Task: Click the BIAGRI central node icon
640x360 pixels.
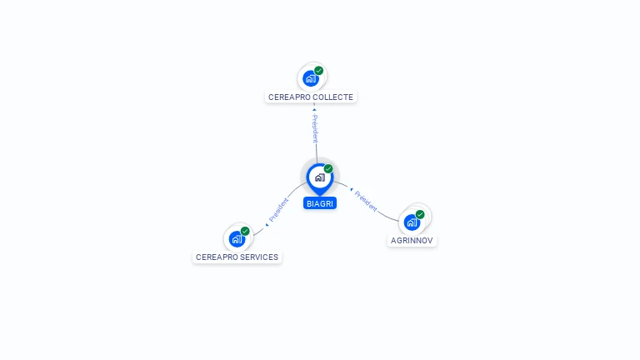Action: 319,177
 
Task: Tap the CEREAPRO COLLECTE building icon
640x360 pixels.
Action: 310,78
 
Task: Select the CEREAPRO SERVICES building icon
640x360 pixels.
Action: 237,239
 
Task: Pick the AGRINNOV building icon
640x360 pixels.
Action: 412,222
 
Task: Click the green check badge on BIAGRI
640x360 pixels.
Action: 328,168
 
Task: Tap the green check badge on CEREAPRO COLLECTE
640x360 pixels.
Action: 318,71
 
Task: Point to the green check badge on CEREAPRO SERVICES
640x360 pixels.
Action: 245,231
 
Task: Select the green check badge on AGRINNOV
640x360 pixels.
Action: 420,214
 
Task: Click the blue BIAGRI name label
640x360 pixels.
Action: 320,203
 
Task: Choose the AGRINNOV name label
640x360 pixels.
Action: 412,241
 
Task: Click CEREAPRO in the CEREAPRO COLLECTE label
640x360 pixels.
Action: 288,97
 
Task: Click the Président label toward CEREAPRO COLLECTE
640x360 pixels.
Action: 315,128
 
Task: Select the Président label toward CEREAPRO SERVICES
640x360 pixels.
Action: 278,210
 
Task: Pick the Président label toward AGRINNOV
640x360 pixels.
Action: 365,200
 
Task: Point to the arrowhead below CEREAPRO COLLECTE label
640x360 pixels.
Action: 314,108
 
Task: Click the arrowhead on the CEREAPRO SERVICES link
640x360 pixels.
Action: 267,224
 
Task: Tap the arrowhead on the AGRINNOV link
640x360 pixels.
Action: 351,189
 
